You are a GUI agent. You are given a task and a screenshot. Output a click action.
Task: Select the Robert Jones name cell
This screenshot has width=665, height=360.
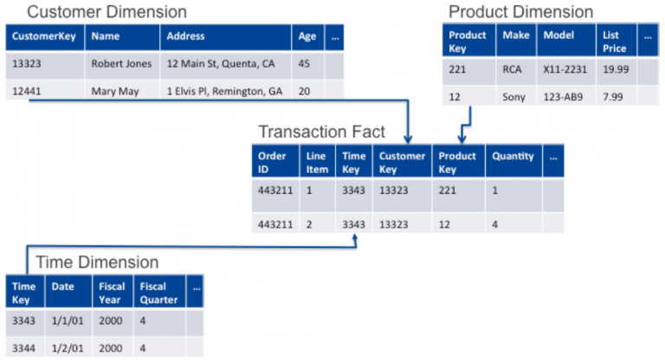coord(121,64)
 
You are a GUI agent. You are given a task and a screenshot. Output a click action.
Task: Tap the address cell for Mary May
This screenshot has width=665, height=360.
coord(225,91)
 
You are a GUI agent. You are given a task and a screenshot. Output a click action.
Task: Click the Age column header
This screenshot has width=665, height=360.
coord(307,37)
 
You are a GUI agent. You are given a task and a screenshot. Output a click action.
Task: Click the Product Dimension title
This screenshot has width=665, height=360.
coord(520,12)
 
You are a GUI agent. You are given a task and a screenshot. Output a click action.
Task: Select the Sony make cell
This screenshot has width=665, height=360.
coord(514,97)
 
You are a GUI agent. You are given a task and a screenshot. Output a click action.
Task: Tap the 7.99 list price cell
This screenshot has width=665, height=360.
coord(615,97)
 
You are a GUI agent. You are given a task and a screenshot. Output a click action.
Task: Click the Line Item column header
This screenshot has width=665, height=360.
coord(318,162)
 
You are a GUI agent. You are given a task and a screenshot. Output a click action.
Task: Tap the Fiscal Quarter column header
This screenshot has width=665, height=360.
coord(158,292)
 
